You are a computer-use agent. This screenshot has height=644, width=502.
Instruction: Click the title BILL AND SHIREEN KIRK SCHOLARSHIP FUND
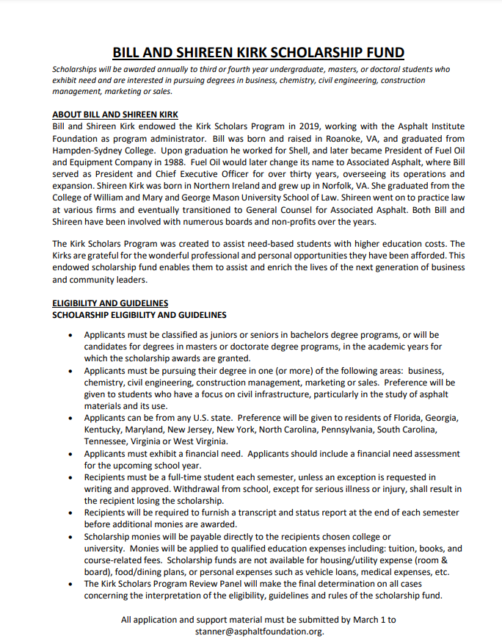[x=258, y=52]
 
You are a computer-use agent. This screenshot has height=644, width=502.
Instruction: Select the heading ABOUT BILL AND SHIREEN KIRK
[x=115, y=115]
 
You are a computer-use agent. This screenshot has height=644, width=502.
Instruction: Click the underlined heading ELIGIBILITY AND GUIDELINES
[x=110, y=303]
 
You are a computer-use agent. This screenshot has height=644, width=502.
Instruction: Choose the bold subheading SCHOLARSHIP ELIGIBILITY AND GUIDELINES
[x=139, y=315]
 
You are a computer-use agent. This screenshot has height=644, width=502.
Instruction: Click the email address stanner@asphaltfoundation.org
[x=259, y=631]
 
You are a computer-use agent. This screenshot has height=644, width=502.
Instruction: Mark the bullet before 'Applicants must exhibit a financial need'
[x=70, y=454]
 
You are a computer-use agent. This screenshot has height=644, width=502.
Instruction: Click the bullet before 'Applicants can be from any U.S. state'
[x=70, y=418]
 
